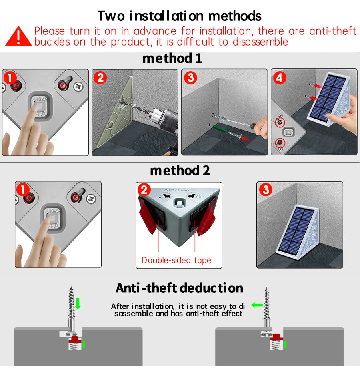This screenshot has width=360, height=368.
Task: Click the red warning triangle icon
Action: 18,36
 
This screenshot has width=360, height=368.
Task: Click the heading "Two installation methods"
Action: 180,16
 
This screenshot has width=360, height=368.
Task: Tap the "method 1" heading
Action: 172,58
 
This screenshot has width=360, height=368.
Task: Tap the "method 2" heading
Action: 180,171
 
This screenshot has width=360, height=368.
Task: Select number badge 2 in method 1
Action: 100,77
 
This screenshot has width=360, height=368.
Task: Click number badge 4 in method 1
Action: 279,78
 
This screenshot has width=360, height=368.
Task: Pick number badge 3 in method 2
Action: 266,189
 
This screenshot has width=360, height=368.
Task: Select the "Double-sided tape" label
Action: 176,261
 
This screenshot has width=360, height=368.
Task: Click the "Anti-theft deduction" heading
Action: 179,288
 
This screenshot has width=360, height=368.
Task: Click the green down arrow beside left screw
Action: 78,304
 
